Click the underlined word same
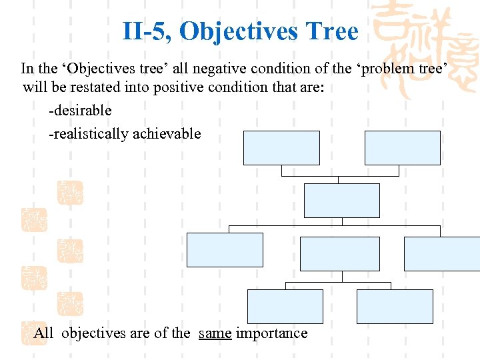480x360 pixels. (215, 333)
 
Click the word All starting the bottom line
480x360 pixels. (44, 333)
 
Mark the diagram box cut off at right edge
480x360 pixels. (442, 254)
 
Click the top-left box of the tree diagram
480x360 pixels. (281, 148)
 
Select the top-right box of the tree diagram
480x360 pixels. (402, 148)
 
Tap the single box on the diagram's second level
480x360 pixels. (341, 201)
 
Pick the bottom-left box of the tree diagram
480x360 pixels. (285, 307)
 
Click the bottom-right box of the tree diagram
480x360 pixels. (395, 307)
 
